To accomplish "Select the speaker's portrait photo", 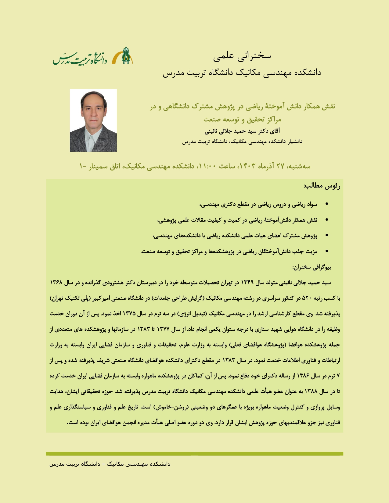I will pos(93,120).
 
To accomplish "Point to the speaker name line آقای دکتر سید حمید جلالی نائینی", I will pos(242,131).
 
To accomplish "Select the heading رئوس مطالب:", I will pos(322,186).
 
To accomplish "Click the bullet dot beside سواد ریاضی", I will pos(327,204).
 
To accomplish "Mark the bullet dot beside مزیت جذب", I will pos(327,252).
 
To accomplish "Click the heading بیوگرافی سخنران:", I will pos(312,267).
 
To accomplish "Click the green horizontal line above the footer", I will pos(194,454).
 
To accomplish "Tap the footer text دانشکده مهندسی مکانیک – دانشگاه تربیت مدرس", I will pos(110,464).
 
